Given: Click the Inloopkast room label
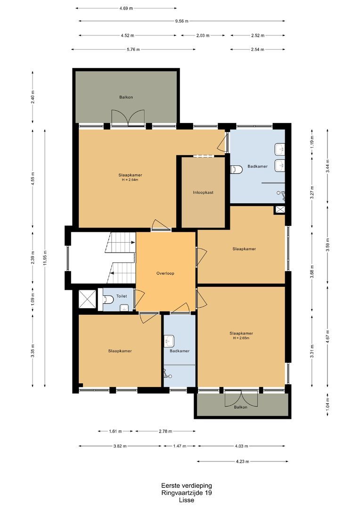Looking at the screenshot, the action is click(203, 192).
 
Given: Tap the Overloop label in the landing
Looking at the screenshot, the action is click(165, 273).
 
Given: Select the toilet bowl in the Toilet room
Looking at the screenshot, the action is click(108, 299).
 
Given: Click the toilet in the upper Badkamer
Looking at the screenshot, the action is click(237, 170).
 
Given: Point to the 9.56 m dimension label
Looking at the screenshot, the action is click(182, 21).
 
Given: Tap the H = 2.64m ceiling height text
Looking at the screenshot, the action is click(130, 180).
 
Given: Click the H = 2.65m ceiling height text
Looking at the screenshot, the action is click(241, 338).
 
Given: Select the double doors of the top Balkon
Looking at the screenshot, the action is click(128, 117).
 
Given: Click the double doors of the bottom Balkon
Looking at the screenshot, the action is click(241, 397).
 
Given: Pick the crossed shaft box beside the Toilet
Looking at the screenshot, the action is click(88, 299).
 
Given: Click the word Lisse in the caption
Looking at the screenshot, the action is click(187, 500).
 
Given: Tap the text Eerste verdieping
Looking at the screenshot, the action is click(187, 485).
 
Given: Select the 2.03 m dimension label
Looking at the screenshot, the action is click(203, 35).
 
